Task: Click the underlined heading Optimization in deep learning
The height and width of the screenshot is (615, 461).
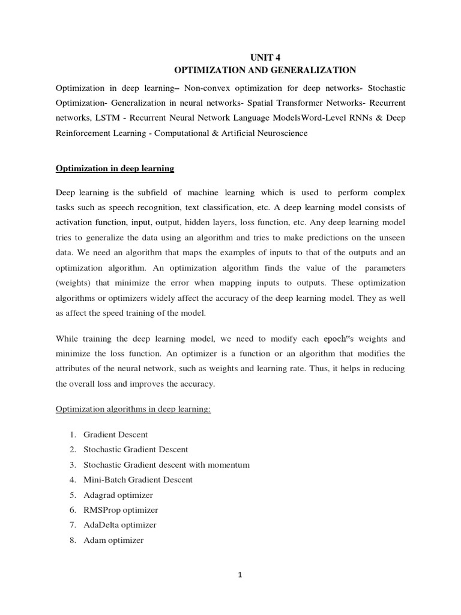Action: (x=115, y=169)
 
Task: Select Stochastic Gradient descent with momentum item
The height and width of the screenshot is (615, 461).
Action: (x=166, y=464)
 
